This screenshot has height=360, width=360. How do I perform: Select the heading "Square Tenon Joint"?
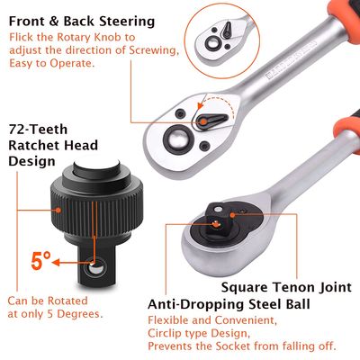tap(284, 288)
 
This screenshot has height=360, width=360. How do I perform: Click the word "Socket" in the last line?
tap(238, 346)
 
